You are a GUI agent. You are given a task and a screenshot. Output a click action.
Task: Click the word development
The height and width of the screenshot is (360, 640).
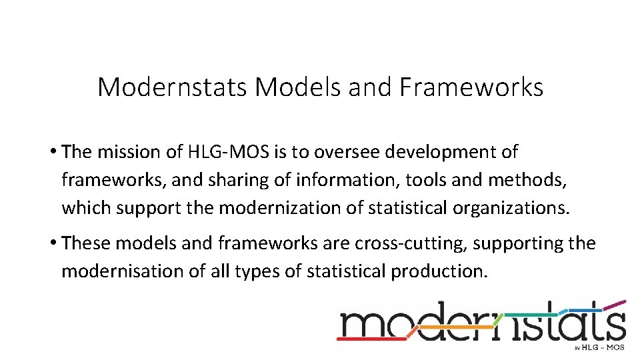point(451,152)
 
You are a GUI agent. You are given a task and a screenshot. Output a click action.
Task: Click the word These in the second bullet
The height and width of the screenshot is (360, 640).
point(86,243)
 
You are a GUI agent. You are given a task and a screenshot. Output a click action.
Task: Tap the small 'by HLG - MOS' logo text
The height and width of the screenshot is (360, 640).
point(599,347)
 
